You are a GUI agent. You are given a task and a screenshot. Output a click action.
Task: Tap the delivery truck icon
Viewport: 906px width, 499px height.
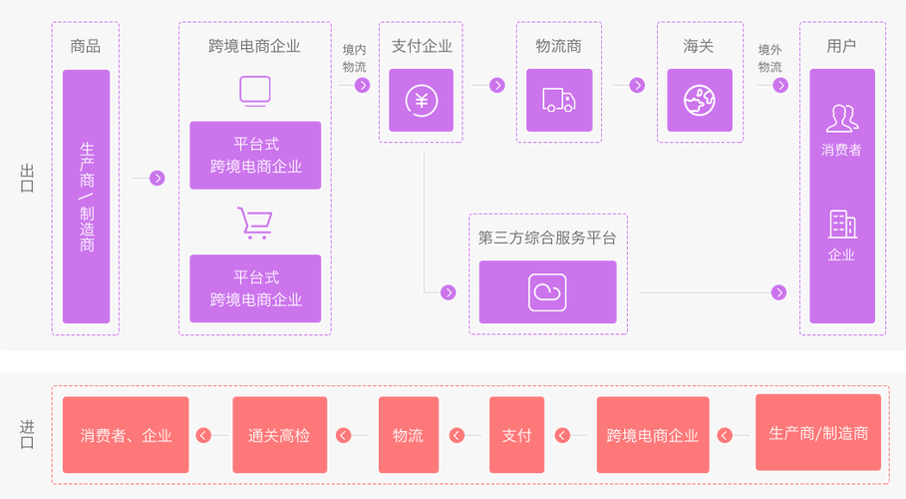click(558, 100)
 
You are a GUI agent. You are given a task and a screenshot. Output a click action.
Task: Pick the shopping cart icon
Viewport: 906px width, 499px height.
click(253, 224)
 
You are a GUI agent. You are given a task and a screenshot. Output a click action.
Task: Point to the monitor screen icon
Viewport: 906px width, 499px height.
click(254, 91)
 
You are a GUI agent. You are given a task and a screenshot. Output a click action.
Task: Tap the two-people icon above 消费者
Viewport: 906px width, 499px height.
click(841, 119)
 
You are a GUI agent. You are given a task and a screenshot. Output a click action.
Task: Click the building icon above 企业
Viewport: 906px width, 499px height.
click(842, 224)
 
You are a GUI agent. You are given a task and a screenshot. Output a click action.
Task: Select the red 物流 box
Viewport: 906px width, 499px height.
click(408, 435)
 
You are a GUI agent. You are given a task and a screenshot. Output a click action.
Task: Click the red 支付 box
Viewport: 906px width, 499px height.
click(516, 435)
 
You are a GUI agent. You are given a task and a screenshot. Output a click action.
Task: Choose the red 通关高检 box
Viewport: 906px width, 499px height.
click(279, 435)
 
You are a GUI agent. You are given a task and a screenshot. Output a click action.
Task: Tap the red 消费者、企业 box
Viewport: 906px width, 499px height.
click(126, 435)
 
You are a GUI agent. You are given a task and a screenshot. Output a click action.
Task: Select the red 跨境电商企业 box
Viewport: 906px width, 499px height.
click(653, 435)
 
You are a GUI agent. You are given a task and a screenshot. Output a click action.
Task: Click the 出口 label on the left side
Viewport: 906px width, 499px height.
click(27, 178)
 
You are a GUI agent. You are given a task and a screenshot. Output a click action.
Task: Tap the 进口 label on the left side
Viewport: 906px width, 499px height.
click(27, 434)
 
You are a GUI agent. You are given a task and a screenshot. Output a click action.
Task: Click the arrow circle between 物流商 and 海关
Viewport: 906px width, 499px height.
click(637, 86)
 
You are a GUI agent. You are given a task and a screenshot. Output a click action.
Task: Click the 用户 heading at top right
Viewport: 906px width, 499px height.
click(841, 45)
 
